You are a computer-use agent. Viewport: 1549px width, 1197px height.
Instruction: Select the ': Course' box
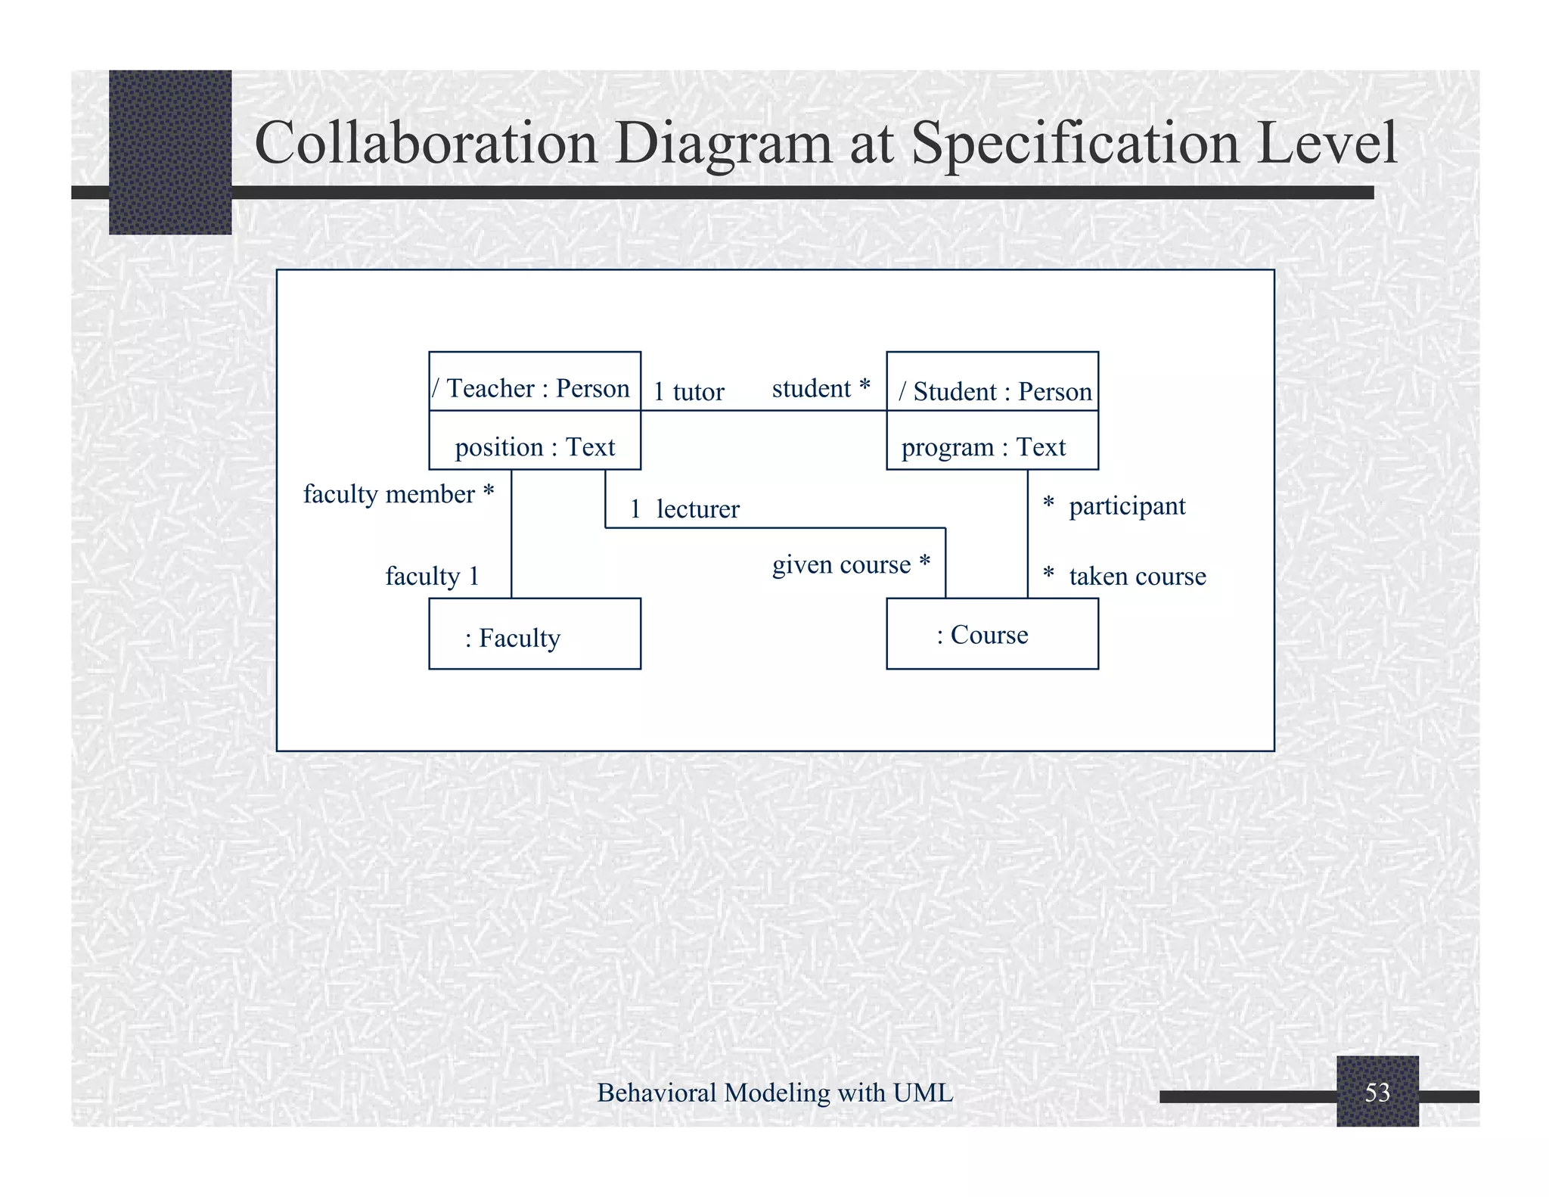click(x=992, y=634)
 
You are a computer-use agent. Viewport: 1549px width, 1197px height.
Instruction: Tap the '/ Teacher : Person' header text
click(x=531, y=388)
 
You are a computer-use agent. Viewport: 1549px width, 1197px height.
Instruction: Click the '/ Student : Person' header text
click(x=995, y=391)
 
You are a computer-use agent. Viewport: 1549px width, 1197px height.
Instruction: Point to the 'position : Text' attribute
click(x=535, y=447)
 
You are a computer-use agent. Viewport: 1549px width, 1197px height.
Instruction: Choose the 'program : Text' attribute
click(x=983, y=447)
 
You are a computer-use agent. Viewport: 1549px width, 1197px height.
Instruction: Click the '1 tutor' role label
click(x=688, y=392)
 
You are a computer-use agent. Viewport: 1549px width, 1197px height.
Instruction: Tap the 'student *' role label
click(x=821, y=389)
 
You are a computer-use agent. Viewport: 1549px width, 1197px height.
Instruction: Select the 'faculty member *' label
click(x=399, y=494)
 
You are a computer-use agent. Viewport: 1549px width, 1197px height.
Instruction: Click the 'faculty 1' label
click(x=432, y=577)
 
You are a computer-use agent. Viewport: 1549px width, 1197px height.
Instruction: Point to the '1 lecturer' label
click(x=684, y=509)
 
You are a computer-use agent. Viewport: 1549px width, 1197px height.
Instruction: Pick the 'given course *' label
click(x=851, y=564)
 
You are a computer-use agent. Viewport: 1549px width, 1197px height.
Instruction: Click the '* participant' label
click(x=1114, y=505)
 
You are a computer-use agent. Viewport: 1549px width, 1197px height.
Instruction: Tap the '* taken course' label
click(x=1124, y=577)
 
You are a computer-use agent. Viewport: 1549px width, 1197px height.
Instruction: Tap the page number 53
click(x=1377, y=1092)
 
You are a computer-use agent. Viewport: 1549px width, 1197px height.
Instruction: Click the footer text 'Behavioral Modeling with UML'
click(x=774, y=1093)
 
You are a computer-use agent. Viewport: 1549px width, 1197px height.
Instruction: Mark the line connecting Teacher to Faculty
click(x=511, y=533)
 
